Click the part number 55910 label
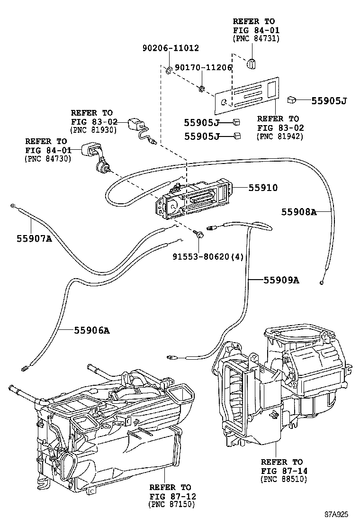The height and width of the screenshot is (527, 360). (x=263, y=188)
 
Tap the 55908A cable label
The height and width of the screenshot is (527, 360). (x=299, y=212)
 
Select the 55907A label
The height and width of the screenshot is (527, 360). (x=34, y=239)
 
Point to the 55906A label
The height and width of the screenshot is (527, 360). (x=92, y=330)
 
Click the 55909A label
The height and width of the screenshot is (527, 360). (x=281, y=280)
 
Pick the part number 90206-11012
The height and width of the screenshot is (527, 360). (x=171, y=48)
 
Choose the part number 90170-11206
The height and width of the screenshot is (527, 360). (x=204, y=68)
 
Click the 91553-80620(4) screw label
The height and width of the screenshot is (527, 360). (x=208, y=257)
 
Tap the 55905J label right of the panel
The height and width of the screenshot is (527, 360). (x=329, y=100)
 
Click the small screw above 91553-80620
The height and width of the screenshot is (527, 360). (x=198, y=234)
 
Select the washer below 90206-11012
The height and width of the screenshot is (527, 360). (x=169, y=70)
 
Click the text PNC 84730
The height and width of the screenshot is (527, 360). (x=48, y=159)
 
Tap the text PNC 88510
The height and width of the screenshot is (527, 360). (x=284, y=479)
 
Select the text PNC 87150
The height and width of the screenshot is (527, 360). (x=171, y=504)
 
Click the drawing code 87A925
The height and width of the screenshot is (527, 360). (x=336, y=514)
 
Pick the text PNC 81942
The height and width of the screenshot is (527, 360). (x=280, y=136)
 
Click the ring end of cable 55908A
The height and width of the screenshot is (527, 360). (x=322, y=282)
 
